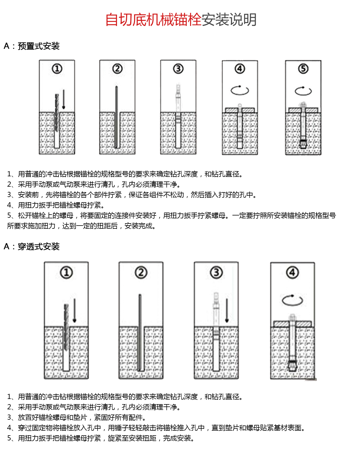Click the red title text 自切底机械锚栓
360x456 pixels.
(x=153, y=20)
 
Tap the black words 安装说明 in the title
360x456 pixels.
(x=229, y=20)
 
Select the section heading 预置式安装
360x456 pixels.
(x=39, y=46)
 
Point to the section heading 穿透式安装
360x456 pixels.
(x=39, y=247)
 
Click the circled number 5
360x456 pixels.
(x=303, y=69)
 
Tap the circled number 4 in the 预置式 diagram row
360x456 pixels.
(x=240, y=69)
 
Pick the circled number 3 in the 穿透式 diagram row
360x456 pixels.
(x=216, y=273)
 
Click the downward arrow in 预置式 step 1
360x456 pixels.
(x=64, y=99)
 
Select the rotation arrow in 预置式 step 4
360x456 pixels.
(x=240, y=90)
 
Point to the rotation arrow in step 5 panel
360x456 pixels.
(x=303, y=91)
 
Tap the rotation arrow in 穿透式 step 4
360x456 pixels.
(x=292, y=300)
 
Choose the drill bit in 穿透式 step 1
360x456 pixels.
(x=67, y=327)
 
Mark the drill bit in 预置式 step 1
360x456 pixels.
(x=57, y=112)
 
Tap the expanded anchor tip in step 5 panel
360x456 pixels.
(x=303, y=143)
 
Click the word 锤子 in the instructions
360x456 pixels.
(x=122, y=428)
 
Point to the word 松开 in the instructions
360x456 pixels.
(x=25, y=215)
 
